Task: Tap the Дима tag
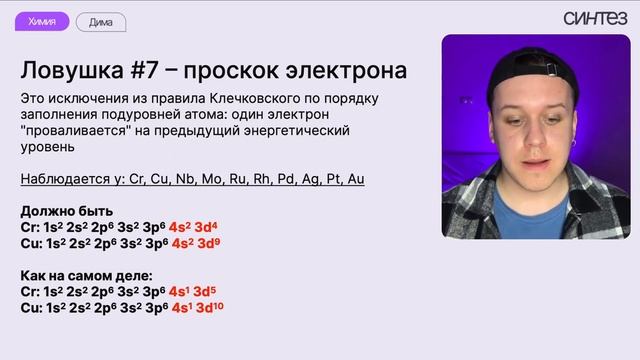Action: tap(100, 21)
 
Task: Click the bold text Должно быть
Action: tap(66, 211)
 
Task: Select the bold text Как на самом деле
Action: tap(87, 275)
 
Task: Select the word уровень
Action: tap(46, 147)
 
